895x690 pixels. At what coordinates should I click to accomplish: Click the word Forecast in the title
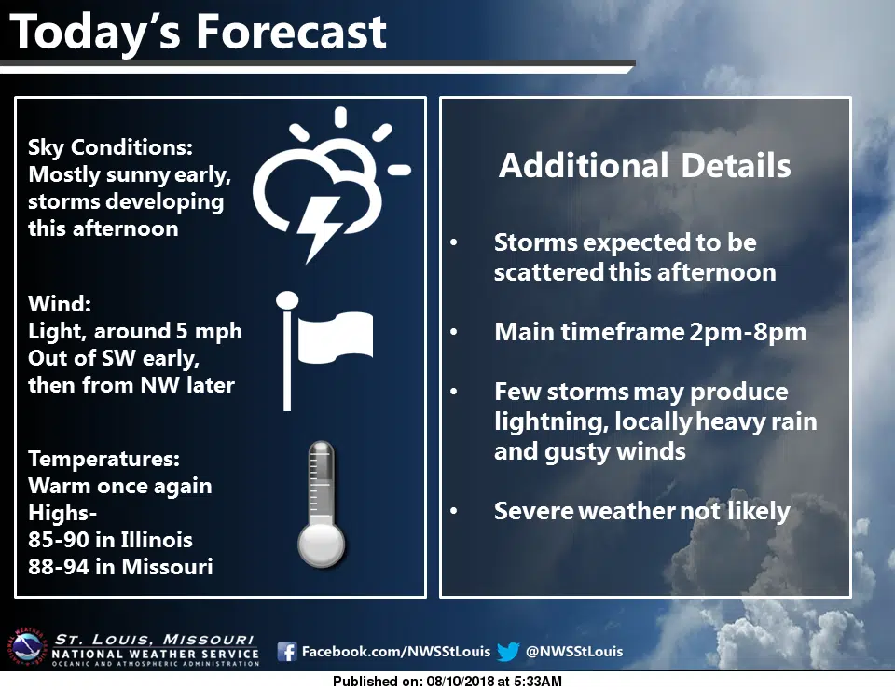[291, 32]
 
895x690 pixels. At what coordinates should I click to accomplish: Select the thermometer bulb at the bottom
[322, 545]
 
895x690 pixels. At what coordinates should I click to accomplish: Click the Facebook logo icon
[287, 651]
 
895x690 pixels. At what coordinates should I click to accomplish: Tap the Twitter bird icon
[508, 651]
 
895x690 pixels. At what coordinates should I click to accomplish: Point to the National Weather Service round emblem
[26, 648]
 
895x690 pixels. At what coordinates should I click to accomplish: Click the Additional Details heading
[645, 166]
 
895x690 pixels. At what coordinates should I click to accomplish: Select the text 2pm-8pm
[748, 332]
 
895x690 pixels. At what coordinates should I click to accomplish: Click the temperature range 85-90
[55, 540]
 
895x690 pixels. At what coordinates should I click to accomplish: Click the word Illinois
[157, 540]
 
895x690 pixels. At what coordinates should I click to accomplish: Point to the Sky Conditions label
[111, 148]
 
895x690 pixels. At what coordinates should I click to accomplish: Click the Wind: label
[60, 304]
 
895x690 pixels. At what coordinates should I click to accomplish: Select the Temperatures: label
[103, 459]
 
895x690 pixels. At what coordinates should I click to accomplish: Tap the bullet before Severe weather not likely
[454, 511]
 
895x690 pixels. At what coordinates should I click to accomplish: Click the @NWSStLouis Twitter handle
[574, 651]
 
